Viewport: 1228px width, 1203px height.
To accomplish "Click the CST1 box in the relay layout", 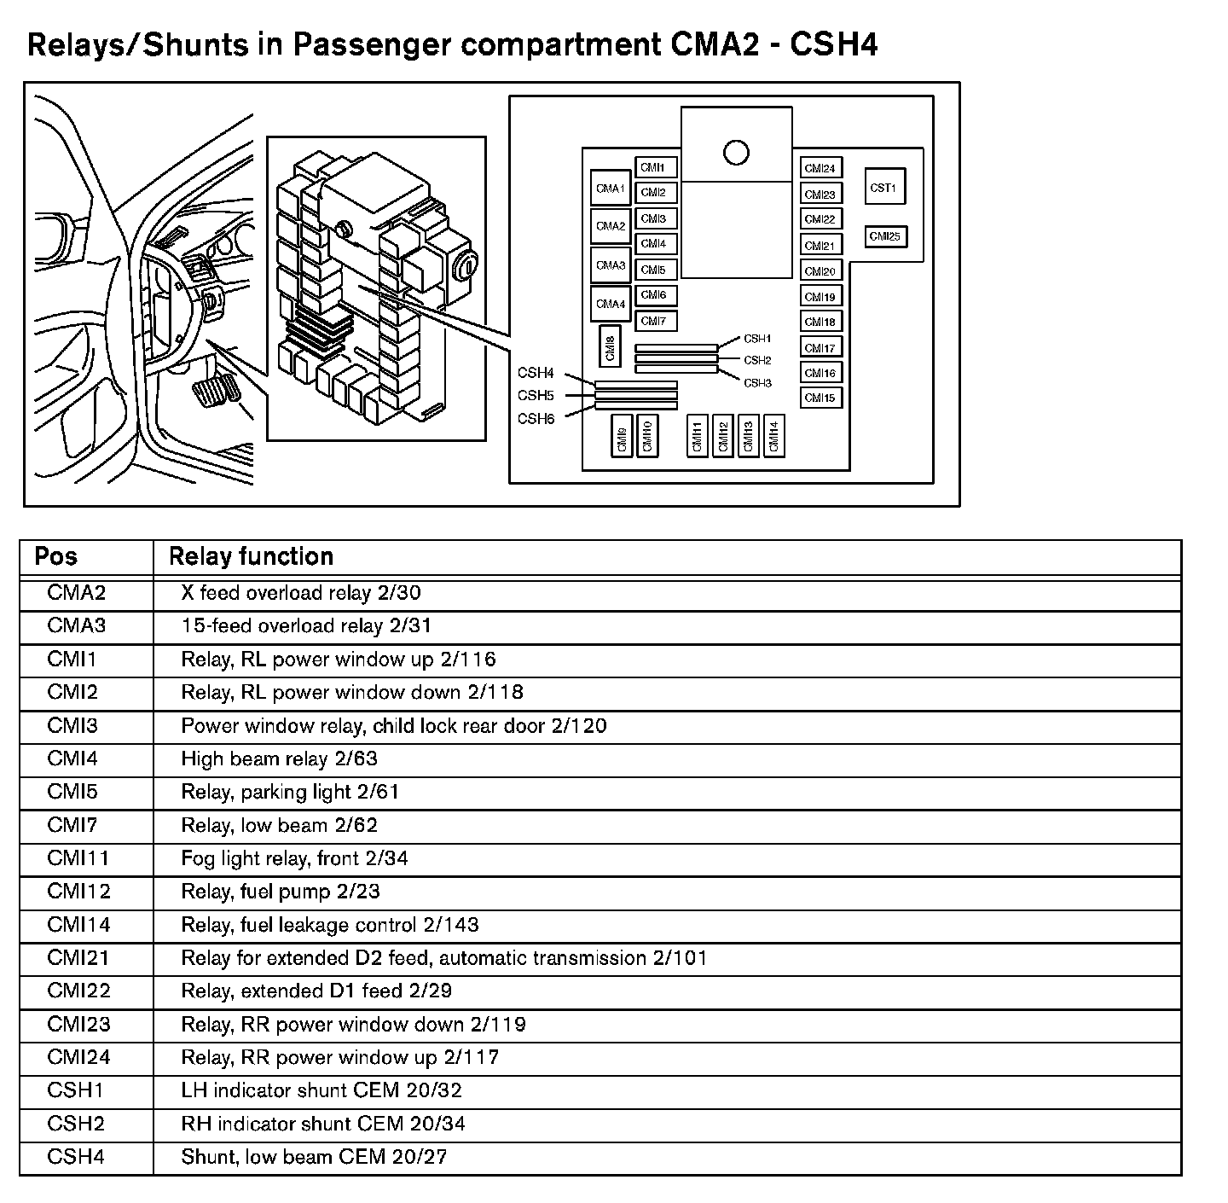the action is point(883,188).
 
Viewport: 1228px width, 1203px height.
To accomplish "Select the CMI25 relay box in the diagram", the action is point(885,236).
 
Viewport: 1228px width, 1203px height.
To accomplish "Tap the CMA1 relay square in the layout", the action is point(611,189).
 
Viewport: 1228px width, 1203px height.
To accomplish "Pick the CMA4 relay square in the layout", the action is point(611,304).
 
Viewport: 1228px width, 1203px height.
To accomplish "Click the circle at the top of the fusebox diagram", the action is point(736,153).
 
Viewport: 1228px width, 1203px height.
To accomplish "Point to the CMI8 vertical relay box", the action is point(611,348).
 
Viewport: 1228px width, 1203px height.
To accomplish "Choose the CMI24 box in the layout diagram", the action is point(820,168).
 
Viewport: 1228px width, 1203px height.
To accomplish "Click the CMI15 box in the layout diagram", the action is point(820,398).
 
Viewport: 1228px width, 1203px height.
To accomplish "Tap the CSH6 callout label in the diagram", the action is point(536,419).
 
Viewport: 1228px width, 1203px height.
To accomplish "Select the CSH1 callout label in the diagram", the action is point(757,339).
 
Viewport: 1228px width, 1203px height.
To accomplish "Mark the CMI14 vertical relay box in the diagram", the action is point(773,436).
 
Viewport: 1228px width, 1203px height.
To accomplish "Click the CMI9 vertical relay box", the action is point(622,436).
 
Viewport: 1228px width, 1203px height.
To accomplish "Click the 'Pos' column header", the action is point(56,557).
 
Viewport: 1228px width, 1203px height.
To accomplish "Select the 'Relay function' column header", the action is point(251,557).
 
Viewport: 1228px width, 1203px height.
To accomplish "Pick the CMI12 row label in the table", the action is point(78,892).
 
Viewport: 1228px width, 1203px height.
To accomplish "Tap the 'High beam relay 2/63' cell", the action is point(279,758).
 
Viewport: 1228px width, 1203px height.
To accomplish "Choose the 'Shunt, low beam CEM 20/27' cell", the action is point(314,1157).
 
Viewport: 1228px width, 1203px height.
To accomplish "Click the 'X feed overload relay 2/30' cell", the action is point(301,593).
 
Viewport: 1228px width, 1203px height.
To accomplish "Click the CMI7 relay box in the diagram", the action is point(654,321).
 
